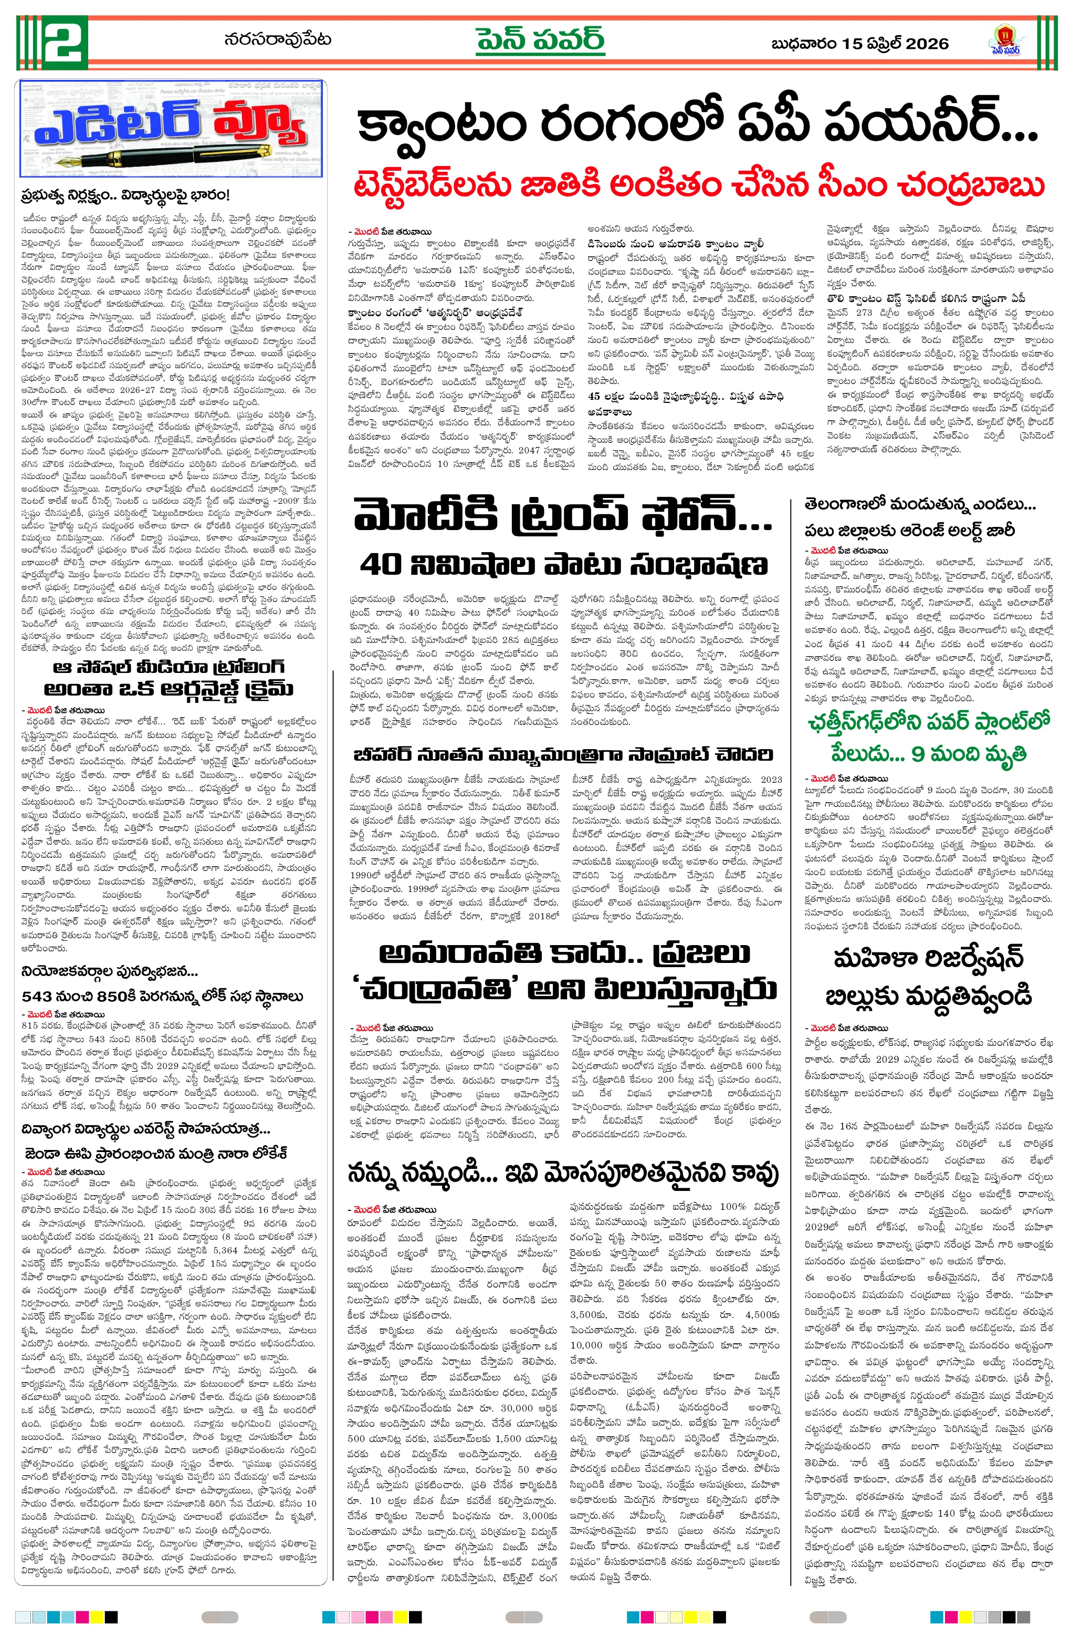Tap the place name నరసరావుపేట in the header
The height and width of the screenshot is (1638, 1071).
[277, 40]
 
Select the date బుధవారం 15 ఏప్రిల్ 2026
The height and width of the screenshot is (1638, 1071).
[860, 44]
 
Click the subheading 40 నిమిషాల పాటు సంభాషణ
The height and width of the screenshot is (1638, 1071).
[563, 565]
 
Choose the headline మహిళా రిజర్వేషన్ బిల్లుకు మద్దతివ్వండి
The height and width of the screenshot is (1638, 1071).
[929, 977]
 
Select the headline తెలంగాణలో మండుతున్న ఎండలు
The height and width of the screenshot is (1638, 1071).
[920, 504]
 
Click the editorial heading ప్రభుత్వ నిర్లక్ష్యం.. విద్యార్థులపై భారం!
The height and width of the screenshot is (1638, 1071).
[124, 195]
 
